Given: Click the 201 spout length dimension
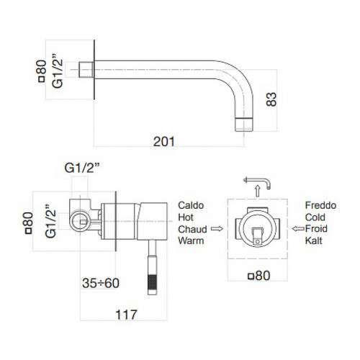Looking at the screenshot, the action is pos(164,141).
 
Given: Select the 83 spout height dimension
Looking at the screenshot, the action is pos(271,99).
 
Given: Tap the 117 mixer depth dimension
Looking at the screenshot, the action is pos(126,315).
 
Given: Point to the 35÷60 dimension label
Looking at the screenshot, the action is pos(101,283).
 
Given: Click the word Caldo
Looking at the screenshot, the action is pos(191,205).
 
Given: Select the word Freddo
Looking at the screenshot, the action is pos(320,205).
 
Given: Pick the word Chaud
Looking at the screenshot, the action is pos(192,229).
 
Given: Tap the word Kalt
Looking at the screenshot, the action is pos(313,240).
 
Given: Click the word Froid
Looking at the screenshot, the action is pos(316,229).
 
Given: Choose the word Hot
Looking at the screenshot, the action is pos(186,217).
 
